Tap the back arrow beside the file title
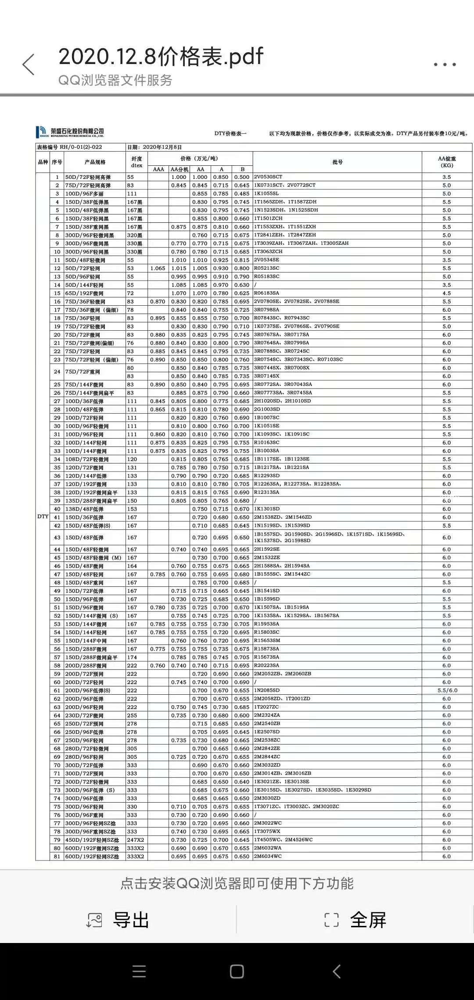[x=29, y=65]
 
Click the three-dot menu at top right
[x=445, y=64]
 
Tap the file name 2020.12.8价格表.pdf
[x=161, y=57]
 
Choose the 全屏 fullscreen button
[x=355, y=920]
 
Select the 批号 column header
[x=337, y=162]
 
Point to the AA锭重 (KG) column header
[x=447, y=162]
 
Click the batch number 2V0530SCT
[x=268, y=177]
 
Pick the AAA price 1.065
[x=158, y=268]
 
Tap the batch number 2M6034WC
[x=268, y=857]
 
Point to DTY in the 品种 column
[x=43, y=517]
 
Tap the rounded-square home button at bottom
[x=237, y=971]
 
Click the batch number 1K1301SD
[x=266, y=509]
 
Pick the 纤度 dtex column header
[x=136, y=162]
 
